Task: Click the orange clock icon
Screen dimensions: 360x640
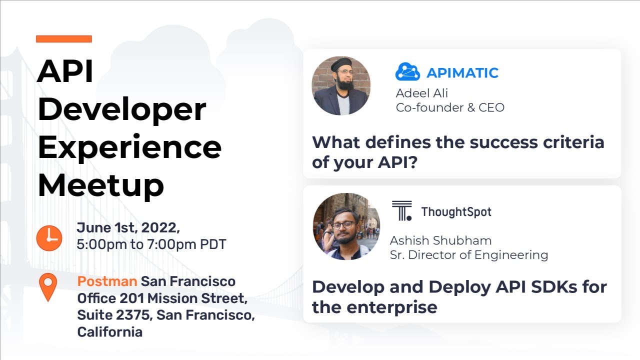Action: (x=49, y=238)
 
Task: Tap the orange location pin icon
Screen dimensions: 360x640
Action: (x=48, y=287)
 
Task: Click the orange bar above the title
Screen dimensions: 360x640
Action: (x=64, y=39)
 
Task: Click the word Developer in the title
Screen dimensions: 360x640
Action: (x=121, y=109)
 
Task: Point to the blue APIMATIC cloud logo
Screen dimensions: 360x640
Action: (x=407, y=72)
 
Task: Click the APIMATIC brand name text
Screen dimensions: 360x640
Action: (x=462, y=73)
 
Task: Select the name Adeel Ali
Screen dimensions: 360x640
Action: (x=421, y=93)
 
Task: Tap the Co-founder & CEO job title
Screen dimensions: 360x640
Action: (x=450, y=107)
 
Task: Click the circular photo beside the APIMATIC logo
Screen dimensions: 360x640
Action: (x=341, y=85)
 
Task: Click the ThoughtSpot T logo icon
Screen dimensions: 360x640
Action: (x=401, y=211)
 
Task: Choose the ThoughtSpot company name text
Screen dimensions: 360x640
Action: (x=456, y=211)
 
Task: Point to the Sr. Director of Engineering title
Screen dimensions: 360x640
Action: (x=468, y=255)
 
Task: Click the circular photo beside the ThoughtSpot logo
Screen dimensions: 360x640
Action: (x=346, y=226)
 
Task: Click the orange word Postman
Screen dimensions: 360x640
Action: (x=107, y=281)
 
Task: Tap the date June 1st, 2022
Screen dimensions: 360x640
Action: (x=128, y=227)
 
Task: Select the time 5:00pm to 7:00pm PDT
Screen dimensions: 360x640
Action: (x=151, y=244)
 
